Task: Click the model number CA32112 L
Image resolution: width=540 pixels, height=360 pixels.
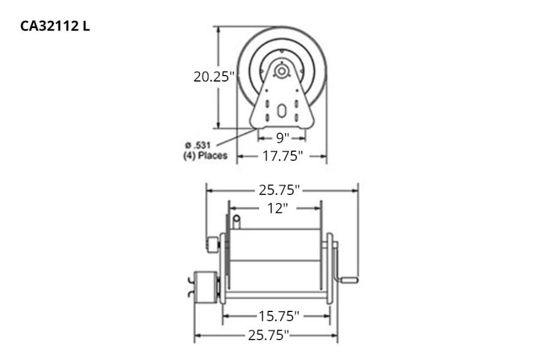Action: point(55,27)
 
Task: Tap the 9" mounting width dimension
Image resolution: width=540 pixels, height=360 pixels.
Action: point(282,138)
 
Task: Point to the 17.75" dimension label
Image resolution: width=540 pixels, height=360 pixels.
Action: point(281,157)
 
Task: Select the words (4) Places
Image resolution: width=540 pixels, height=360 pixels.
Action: point(205,156)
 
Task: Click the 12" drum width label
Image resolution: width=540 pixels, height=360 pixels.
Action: point(277,208)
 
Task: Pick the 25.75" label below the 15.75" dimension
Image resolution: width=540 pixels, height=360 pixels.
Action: point(268,335)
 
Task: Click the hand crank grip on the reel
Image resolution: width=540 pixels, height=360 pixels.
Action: point(350,280)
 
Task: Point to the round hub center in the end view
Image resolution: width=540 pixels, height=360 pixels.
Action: point(280,71)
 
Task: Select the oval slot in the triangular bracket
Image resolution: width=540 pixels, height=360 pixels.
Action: point(281,112)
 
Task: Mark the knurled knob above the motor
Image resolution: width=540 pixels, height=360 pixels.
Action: point(212,244)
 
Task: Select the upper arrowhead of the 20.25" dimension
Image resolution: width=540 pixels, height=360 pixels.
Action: point(218,29)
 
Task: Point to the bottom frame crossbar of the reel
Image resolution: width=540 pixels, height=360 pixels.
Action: point(277,295)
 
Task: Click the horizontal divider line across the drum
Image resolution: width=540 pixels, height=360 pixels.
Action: point(277,260)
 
